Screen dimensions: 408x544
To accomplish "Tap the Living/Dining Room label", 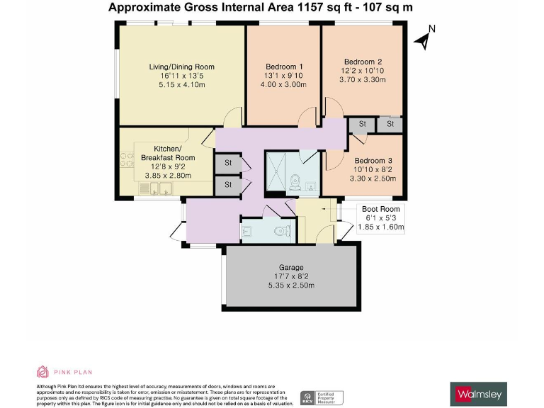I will point(181,67).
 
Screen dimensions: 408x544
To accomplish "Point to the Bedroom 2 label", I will point(363,62).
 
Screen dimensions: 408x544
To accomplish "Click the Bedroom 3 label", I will point(373,161).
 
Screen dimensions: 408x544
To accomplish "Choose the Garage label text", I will point(290,267).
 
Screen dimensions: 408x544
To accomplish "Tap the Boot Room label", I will point(380,209).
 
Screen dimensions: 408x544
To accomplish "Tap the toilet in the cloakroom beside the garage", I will point(282,231).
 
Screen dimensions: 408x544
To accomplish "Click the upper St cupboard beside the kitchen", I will point(228,163).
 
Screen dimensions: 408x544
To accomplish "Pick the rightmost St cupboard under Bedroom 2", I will point(389,124).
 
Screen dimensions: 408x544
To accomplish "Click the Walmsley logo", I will point(479,392).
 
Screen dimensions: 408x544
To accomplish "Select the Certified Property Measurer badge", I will point(322,397).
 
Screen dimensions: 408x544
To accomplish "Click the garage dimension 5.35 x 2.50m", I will point(290,285).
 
